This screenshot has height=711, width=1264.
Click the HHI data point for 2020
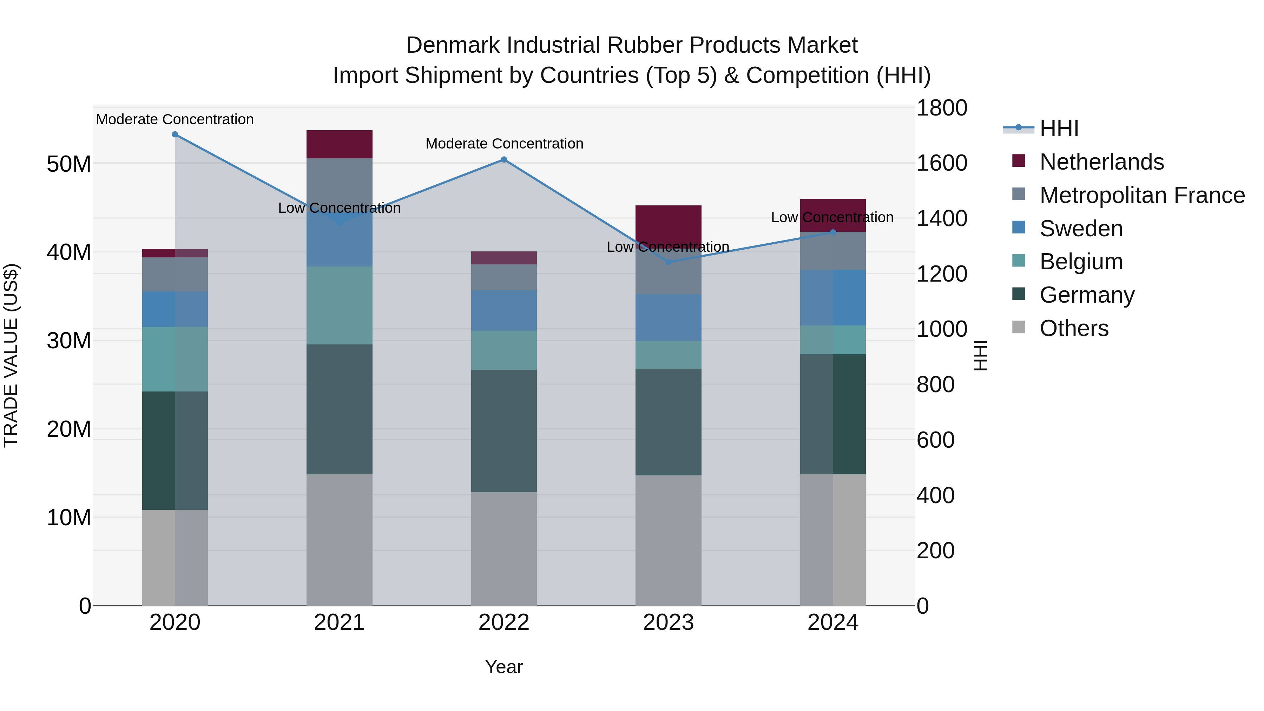pos(175,134)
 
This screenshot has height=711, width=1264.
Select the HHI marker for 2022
pos(504,159)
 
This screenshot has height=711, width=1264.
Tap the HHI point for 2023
pos(668,262)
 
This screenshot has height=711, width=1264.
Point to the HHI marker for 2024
pos(833,232)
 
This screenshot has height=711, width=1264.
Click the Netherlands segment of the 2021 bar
pos(339,144)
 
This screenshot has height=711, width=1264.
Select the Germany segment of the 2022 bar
pos(504,430)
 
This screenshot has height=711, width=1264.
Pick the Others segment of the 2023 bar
pos(668,540)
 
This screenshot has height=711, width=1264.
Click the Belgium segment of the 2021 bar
pos(339,305)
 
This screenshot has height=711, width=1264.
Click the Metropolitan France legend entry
pos(1141,195)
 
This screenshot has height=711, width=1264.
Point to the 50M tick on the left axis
pos(69,164)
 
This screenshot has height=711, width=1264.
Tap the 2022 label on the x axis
pos(504,623)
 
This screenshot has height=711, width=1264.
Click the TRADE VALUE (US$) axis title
pos(11,355)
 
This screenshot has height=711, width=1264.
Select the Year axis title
pos(504,667)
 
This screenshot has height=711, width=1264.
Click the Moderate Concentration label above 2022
pos(504,144)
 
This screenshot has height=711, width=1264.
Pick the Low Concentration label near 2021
pos(339,208)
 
